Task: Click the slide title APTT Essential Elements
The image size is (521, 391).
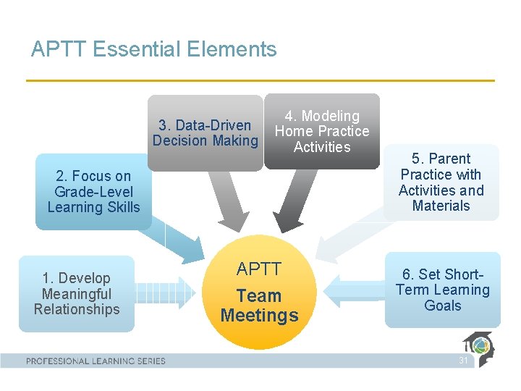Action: [153, 49]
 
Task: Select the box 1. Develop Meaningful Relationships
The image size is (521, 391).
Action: [77, 294]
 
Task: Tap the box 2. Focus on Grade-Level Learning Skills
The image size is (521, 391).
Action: [93, 192]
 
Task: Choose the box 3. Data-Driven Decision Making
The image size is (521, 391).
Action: [206, 133]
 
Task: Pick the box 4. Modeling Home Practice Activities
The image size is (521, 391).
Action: [322, 131]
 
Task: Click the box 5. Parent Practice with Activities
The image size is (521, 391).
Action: [441, 182]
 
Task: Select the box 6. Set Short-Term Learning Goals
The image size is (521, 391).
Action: [442, 290]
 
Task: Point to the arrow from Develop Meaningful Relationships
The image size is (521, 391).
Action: [165, 293]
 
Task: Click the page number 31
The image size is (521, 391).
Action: [463, 361]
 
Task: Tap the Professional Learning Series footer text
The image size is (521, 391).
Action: [96, 361]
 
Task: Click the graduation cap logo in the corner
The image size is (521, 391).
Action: [480, 349]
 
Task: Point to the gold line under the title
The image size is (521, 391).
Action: [260, 80]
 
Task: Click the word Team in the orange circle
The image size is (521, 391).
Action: [259, 296]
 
